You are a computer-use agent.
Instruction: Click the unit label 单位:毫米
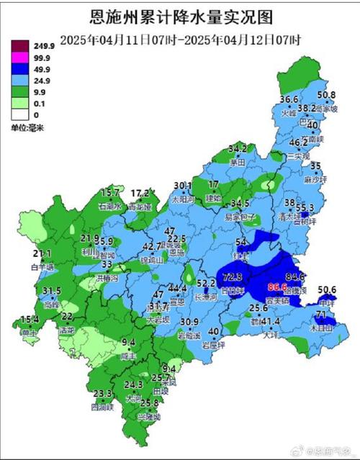pos(27,127)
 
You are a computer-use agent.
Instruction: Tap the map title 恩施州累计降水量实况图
pos(180,16)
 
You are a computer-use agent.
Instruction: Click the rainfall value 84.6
pos(295,276)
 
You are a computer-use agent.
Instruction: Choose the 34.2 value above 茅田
pos(238,149)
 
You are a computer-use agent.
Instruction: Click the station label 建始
pos(213,197)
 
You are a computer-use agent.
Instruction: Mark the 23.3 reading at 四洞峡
pos(102,394)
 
